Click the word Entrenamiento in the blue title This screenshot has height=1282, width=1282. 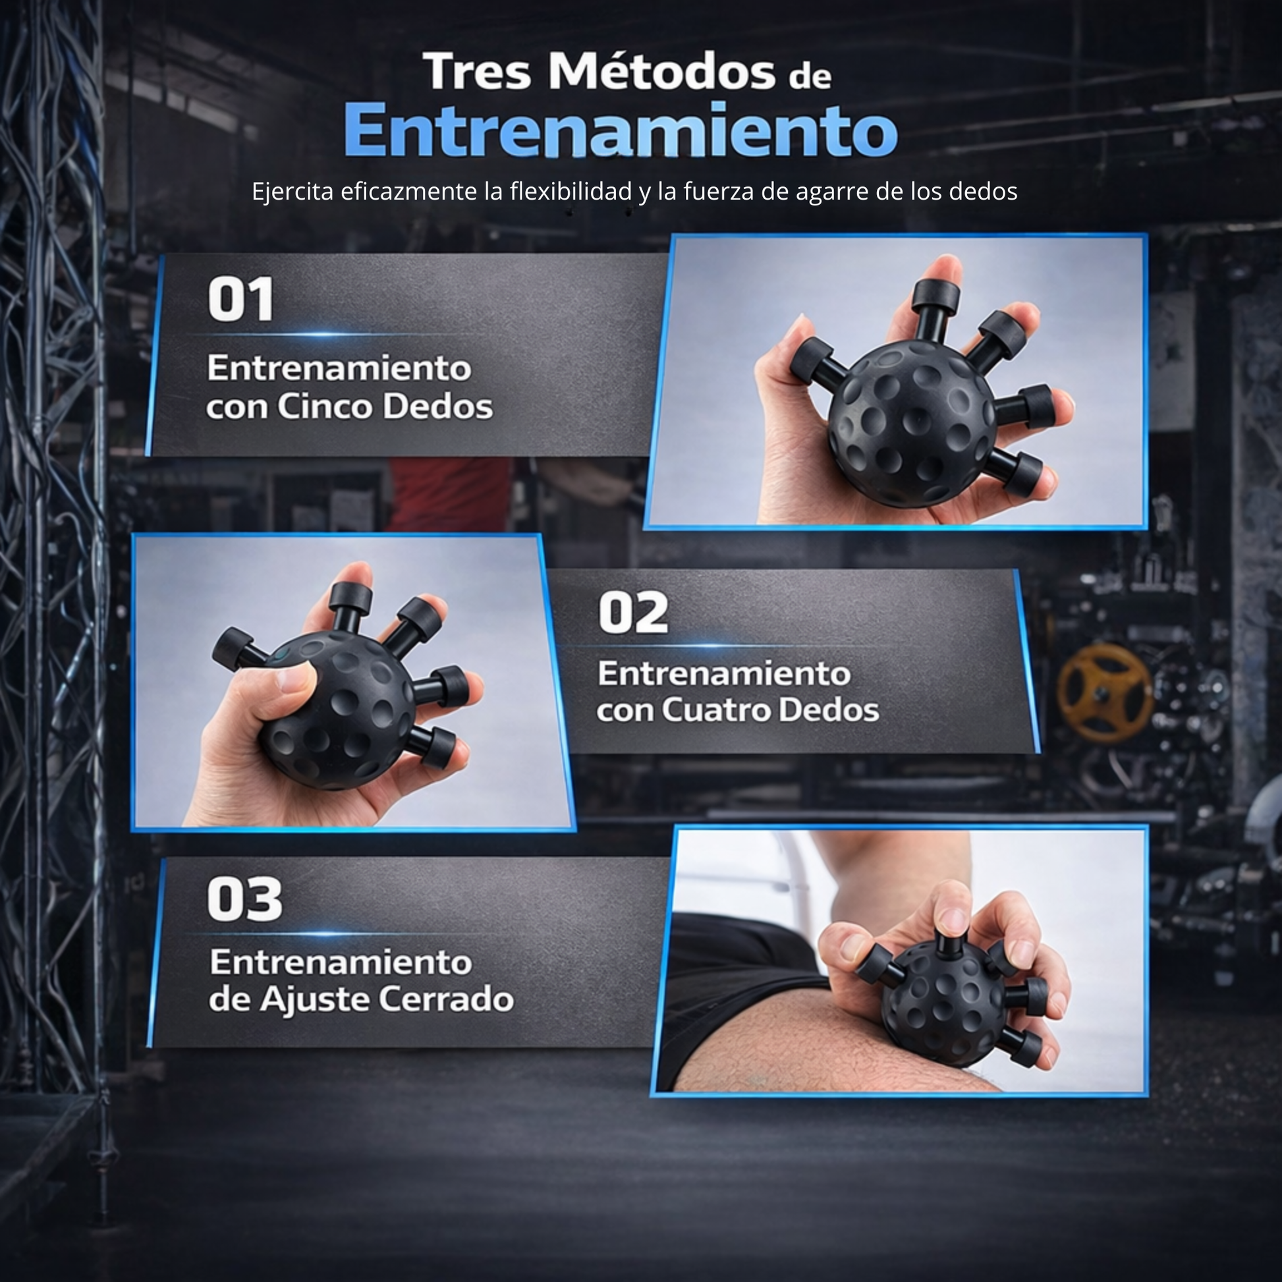[621, 129]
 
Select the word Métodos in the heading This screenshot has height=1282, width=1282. [661, 70]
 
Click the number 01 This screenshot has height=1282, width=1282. [240, 299]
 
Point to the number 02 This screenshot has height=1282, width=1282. [633, 613]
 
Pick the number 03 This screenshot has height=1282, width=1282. [244, 899]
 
